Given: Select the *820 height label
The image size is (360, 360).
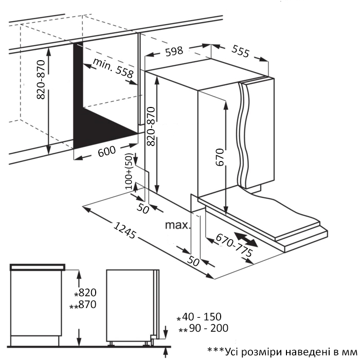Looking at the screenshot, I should [85, 293].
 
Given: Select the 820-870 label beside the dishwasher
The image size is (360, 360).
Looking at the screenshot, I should [150, 127].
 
